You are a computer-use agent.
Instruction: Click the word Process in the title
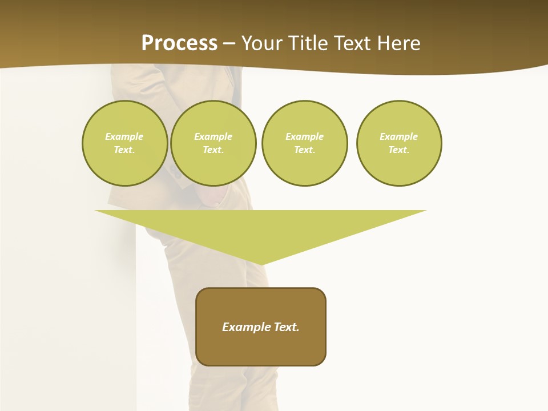(x=179, y=43)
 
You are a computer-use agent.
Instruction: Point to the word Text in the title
(x=352, y=43)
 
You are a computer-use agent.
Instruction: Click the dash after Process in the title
(x=229, y=44)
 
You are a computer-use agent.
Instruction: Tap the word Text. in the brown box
(x=286, y=327)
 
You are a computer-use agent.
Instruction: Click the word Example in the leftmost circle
(x=124, y=136)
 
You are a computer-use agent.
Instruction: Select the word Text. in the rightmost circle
(x=399, y=150)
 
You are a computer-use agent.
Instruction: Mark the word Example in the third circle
(x=304, y=136)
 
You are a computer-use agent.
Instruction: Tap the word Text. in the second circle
(x=213, y=150)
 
